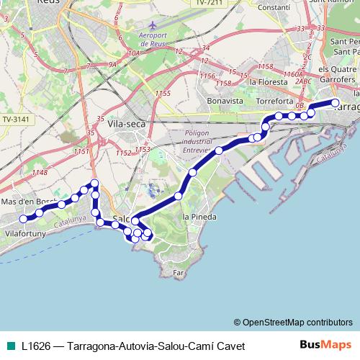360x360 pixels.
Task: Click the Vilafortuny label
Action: point(26,234)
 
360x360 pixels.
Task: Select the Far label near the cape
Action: point(179,274)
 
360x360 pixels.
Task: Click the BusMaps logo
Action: point(326,346)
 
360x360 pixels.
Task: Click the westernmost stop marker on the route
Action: point(23,218)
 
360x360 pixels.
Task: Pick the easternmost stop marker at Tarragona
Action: point(335,103)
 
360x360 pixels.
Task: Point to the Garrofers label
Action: point(338,81)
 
